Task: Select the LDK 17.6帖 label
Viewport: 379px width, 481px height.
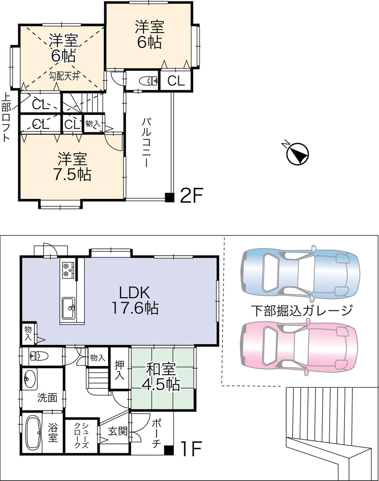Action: pos(135,300)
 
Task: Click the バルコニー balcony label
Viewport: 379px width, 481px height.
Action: pos(146,143)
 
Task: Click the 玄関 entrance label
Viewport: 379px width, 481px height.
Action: pos(117,431)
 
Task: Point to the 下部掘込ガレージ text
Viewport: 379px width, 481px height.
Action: pos(301,310)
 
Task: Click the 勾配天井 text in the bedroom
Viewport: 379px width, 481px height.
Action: pos(64,76)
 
